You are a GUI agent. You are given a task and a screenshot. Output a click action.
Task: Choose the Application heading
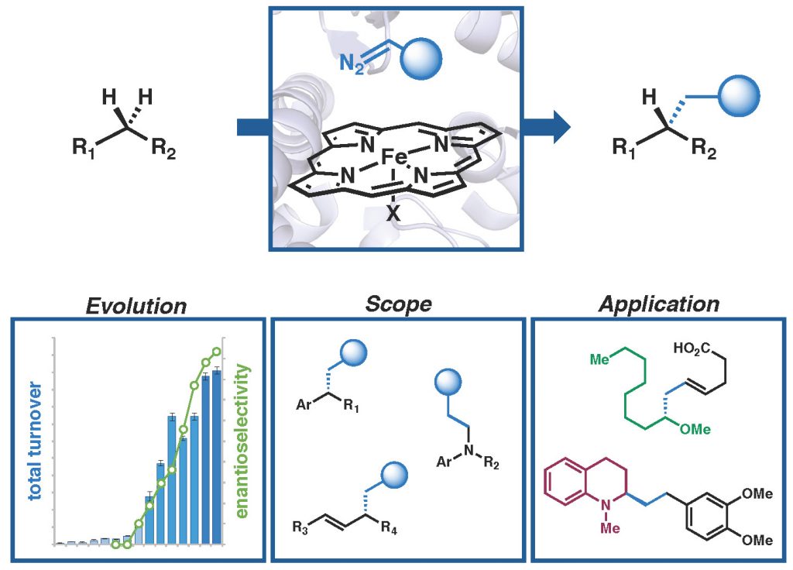[658, 304]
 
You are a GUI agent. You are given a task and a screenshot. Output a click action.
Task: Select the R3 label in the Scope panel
[300, 528]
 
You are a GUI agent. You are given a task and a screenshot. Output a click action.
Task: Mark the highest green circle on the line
[218, 352]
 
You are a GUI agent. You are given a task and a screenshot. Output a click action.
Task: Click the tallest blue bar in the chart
[217, 457]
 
